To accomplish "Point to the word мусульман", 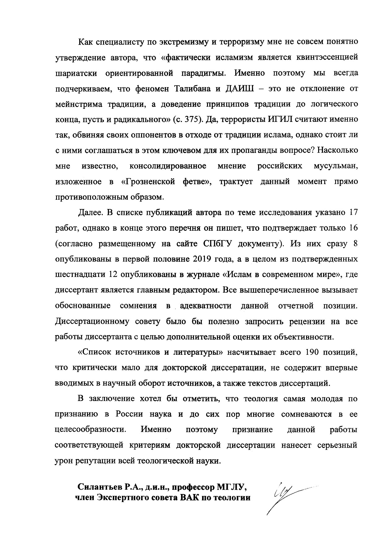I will pos(336,166).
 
